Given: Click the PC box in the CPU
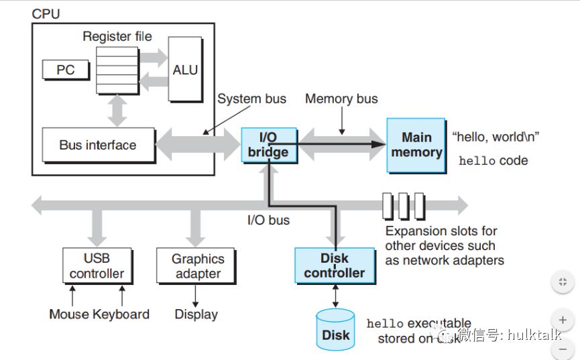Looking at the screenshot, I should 66,69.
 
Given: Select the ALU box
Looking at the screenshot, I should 184,69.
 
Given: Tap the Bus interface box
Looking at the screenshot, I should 98,145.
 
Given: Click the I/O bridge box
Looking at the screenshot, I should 268,144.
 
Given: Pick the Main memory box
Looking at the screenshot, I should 416,144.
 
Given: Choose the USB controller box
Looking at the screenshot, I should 97,265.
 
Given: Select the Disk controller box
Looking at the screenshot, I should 335,265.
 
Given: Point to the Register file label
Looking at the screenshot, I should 117,36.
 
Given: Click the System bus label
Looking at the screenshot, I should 251,99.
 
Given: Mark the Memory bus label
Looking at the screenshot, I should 341,99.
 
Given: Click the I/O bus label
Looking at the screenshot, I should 268,219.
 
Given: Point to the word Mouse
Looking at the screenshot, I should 69,314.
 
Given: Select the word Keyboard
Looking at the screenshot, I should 121,314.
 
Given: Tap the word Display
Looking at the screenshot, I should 196,314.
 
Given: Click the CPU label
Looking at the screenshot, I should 46,13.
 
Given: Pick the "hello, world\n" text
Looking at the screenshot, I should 496,137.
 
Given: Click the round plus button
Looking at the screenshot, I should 562,320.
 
